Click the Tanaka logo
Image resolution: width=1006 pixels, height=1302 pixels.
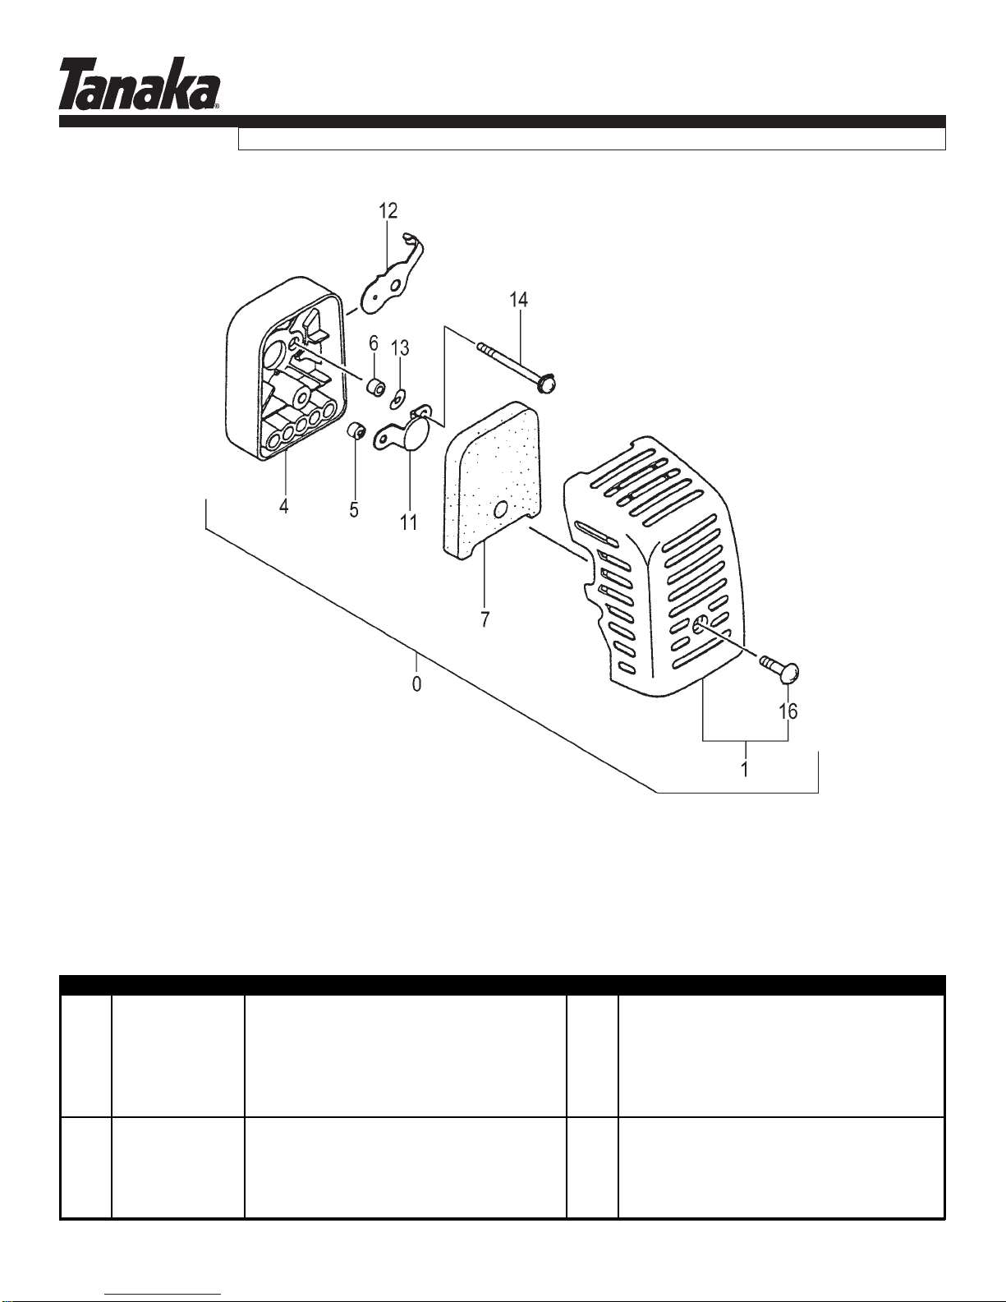pos(139,83)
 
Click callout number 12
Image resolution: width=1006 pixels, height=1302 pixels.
pos(388,211)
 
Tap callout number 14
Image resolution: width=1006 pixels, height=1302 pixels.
pos(518,300)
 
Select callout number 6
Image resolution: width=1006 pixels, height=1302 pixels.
pos(374,343)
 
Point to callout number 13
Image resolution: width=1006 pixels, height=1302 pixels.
pos(400,347)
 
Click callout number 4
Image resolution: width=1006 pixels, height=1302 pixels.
pos(284,506)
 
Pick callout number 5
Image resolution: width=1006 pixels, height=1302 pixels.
pos(354,510)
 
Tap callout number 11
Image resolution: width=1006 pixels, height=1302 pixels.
pos(408,522)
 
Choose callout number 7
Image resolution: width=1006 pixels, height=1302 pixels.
pos(485,619)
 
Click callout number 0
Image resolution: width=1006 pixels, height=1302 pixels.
pos(417,683)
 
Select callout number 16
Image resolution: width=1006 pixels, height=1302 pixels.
pos(788,711)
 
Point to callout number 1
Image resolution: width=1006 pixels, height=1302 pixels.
pos(744,769)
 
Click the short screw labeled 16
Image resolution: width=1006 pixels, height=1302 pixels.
pos(779,669)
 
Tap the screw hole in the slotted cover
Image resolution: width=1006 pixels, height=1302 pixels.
pos(701,626)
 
